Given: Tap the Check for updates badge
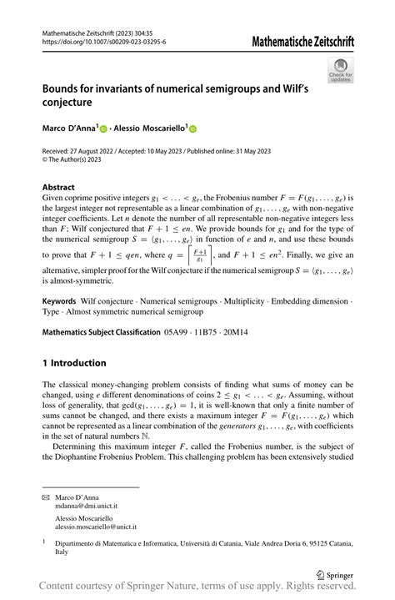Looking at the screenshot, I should (x=340, y=70).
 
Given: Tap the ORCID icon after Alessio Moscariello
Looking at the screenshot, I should (x=192, y=130).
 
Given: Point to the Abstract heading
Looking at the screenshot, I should (x=58, y=188).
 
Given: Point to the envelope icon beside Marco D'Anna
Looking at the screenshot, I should (x=47, y=497).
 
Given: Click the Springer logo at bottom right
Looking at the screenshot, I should (x=335, y=574).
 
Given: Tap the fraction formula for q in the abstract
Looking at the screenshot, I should (x=200, y=254).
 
